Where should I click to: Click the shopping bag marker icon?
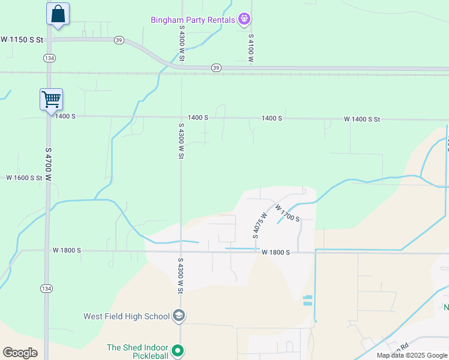[x=58, y=14]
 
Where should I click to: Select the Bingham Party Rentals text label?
[x=192, y=20]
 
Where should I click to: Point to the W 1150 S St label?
[x=22, y=40]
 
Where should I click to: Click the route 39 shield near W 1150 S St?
[x=119, y=40]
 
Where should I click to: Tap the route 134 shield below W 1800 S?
[x=47, y=289]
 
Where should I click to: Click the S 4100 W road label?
[x=251, y=48]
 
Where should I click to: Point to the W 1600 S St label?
[x=25, y=178]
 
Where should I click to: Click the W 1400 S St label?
[x=362, y=119]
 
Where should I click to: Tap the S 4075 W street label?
[x=259, y=224]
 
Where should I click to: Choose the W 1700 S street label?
[x=288, y=213]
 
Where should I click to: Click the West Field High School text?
[x=127, y=316]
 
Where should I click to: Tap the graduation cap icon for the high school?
[x=178, y=316]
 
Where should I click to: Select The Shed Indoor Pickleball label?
[x=138, y=351]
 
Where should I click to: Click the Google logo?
[x=20, y=353]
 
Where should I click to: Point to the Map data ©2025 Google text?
[x=413, y=355]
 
